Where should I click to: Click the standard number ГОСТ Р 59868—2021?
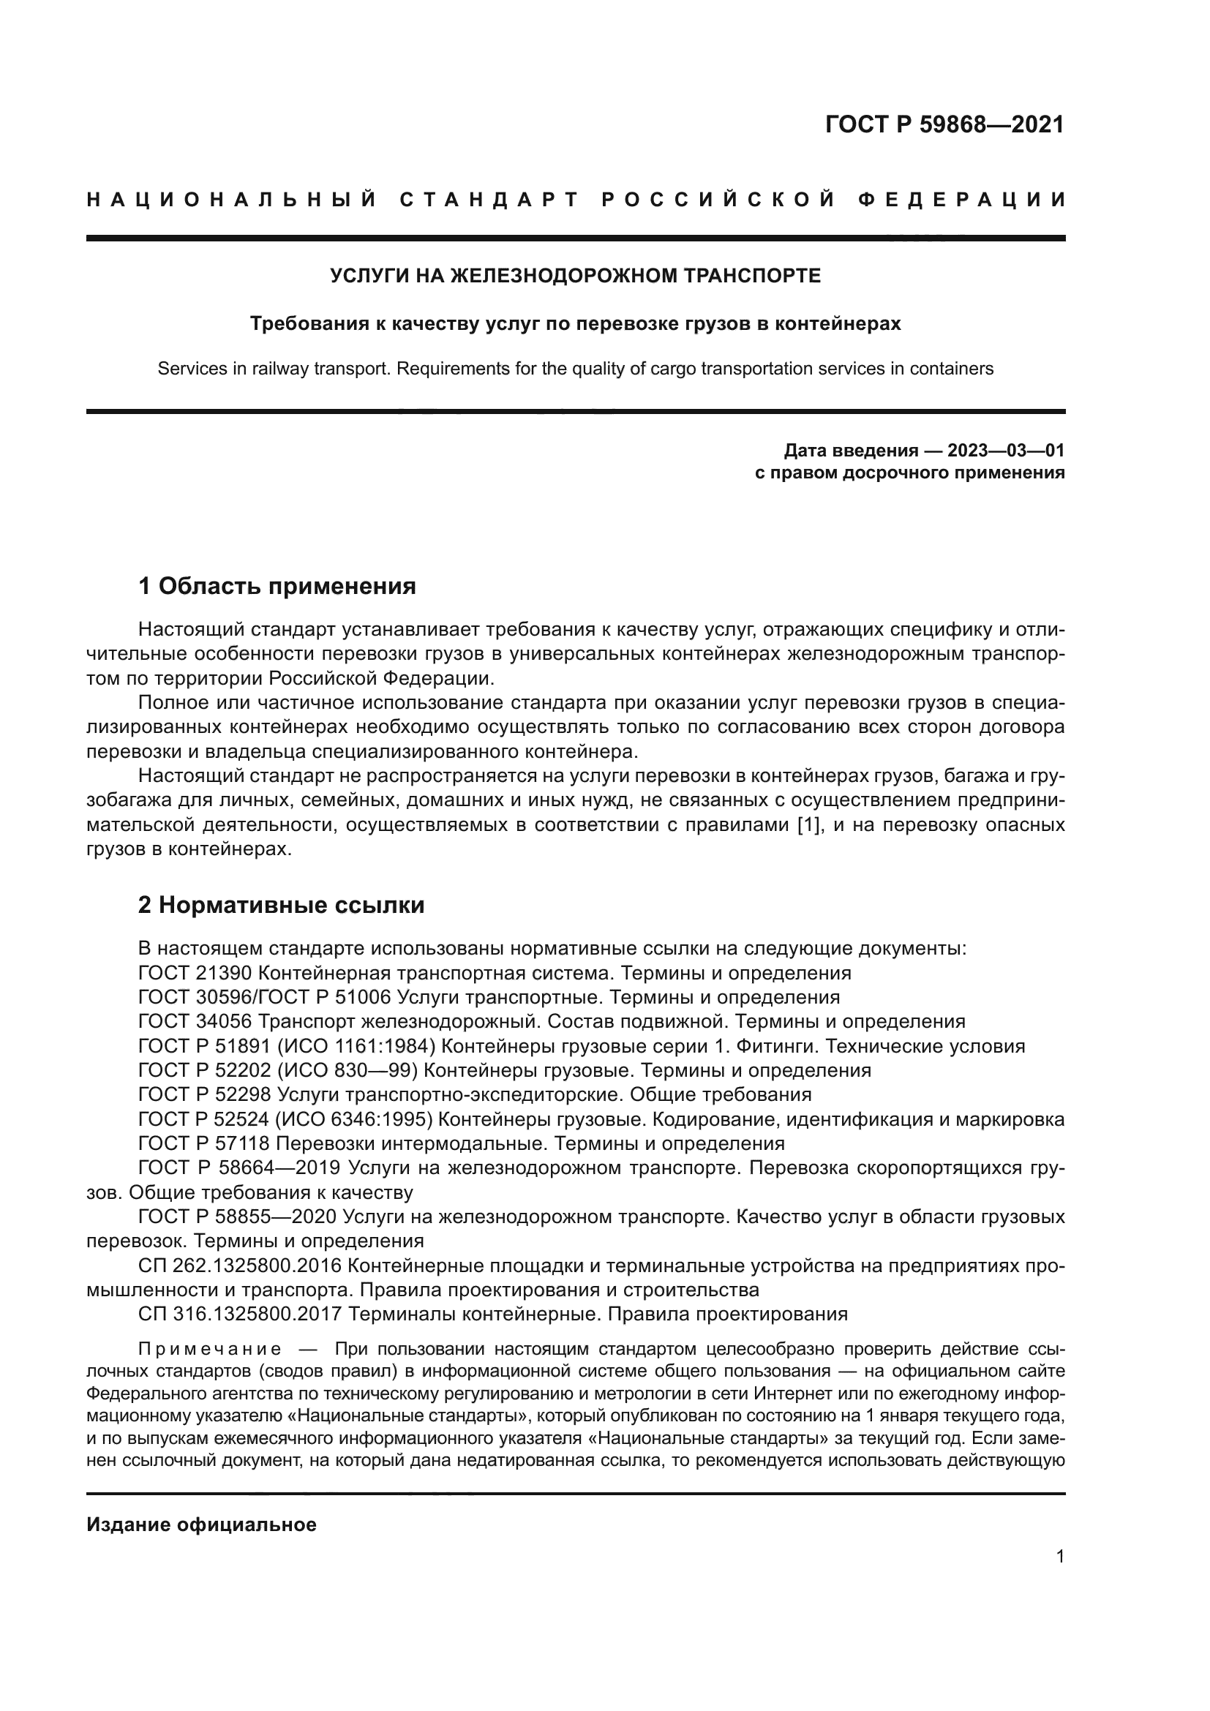(944, 124)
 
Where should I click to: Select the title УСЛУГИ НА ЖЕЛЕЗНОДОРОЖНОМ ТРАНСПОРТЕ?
(575, 277)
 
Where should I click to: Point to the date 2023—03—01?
(1005, 450)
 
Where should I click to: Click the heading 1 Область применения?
(277, 586)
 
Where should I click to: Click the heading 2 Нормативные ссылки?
(282, 906)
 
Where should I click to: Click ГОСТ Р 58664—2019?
(240, 1167)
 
